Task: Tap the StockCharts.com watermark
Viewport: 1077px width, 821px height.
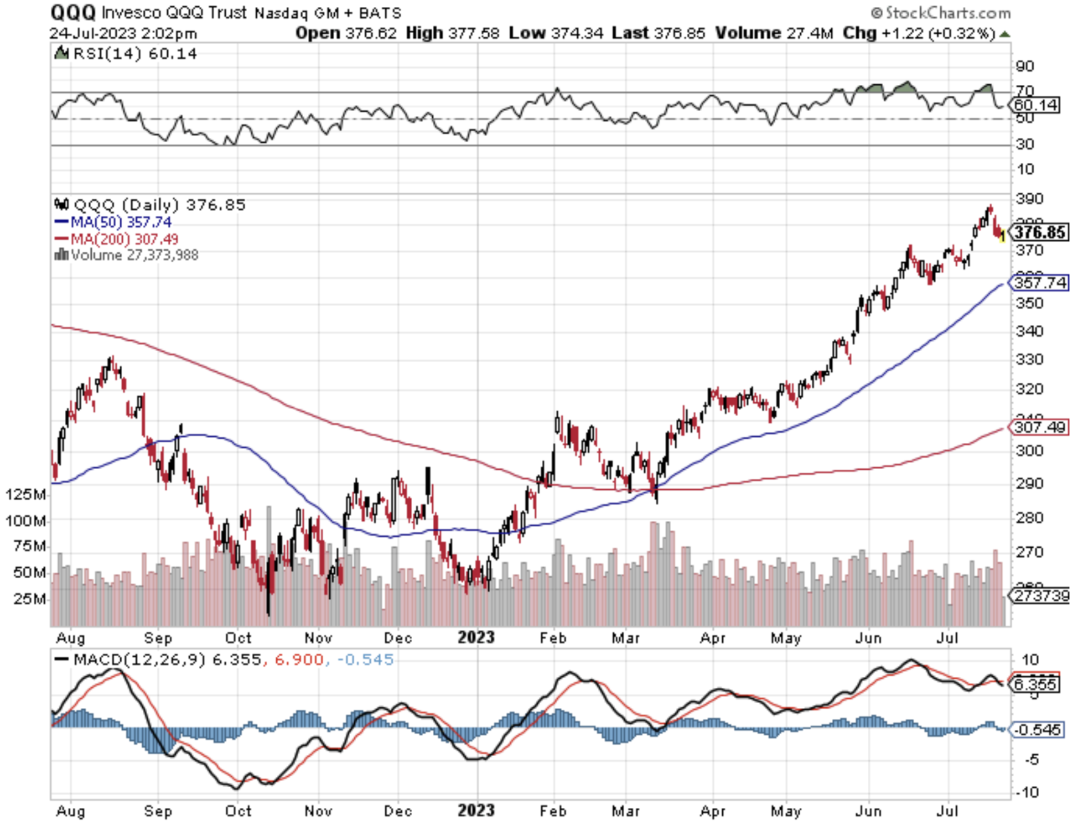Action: (942, 12)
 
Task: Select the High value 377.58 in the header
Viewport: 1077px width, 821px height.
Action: (474, 33)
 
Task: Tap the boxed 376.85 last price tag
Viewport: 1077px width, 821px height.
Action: (1040, 232)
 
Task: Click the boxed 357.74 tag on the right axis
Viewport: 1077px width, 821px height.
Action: (1040, 283)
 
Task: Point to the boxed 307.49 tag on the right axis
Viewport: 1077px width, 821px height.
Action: (1040, 428)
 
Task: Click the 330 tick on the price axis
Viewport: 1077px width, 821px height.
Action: (1029, 359)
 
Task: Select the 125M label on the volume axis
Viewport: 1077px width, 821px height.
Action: (26, 494)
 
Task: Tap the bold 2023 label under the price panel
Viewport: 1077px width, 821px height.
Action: (476, 637)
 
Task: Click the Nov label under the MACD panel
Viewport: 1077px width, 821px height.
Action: (318, 811)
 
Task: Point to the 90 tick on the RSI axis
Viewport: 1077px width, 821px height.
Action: (1025, 66)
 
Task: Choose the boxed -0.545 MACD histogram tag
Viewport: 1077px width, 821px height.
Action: (1038, 730)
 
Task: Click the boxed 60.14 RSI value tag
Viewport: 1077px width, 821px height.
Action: (1036, 105)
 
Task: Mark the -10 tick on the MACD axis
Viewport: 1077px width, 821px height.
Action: (1029, 792)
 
